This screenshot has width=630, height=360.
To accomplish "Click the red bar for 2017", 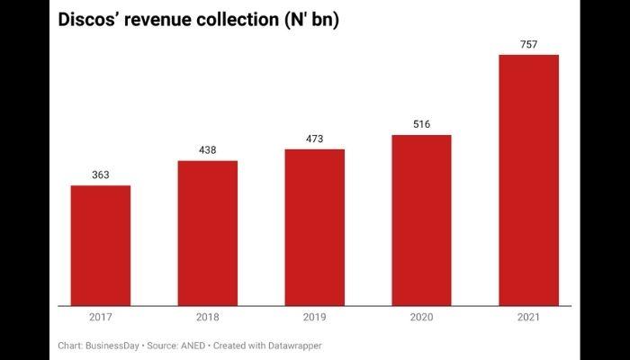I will click(x=101, y=246).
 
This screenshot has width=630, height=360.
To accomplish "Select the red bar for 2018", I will click(x=208, y=233).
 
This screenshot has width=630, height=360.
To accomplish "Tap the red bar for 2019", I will click(x=315, y=227).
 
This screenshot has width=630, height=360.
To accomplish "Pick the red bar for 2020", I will click(x=421, y=220).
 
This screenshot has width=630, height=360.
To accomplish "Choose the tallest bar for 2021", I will click(x=528, y=180).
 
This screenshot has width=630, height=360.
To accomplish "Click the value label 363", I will click(x=101, y=175).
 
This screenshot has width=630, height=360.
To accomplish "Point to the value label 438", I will click(x=208, y=150).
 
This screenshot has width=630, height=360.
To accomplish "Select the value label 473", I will click(x=315, y=139).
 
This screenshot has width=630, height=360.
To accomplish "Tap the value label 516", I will click(x=421, y=124).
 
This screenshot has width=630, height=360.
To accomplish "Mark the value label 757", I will click(x=528, y=44).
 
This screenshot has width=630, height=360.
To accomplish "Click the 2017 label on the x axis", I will click(x=101, y=318).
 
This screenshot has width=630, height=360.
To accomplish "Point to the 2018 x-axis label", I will click(x=208, y=318).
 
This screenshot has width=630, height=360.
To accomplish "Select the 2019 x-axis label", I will click(x=315, y=318).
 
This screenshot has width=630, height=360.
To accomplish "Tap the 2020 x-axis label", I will click(x=421, y=318).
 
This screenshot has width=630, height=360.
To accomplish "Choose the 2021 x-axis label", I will click(x=528, y=318).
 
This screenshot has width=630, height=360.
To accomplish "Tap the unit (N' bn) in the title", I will click(x=309, y=20).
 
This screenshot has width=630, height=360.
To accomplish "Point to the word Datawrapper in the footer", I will click(x=292, y=346).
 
